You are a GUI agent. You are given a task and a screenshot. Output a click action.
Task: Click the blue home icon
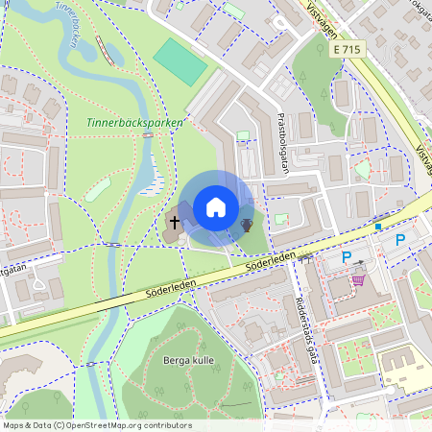click(x=216, y=206)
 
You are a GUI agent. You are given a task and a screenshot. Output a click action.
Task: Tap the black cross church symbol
click(x=174, y=223)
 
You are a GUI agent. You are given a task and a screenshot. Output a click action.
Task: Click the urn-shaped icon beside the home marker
click(x=247, y=225)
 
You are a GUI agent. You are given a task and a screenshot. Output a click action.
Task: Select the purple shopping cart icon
click(x=358, y=279)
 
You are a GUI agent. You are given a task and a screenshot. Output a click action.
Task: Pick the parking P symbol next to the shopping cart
click(x=346, y=256)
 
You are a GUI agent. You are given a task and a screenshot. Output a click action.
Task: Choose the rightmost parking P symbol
click(x=400, y=240)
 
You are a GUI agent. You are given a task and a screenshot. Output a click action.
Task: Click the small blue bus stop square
click(x=378, y=227)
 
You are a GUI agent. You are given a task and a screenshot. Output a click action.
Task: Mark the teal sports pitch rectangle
click(x=180, y=61)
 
